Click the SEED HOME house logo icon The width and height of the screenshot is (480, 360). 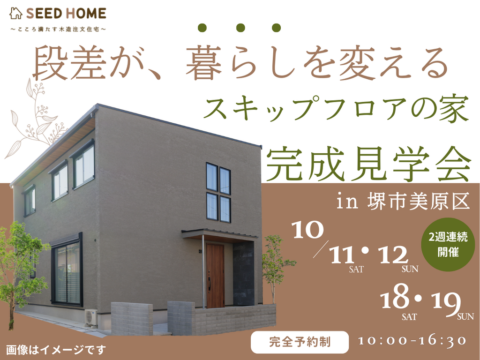tap(15, 13)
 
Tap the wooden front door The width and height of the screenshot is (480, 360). tap(215, 276)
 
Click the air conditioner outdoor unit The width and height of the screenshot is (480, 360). tap(91, 317)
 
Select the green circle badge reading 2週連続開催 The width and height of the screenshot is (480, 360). tap(448, 244)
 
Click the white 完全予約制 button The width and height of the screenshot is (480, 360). tap(300, 342)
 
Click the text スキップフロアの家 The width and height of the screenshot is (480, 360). tap(336, 109)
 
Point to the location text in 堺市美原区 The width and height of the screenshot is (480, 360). tap(403, 202)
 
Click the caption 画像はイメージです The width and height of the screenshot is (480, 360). tap(56, 350)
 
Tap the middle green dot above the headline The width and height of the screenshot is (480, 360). tap(240, 28)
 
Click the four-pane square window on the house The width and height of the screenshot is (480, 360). tap(218, 192)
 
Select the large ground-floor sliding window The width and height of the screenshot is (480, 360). tap(67, 270)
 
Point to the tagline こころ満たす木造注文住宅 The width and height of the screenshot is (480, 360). tap(58, 30)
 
